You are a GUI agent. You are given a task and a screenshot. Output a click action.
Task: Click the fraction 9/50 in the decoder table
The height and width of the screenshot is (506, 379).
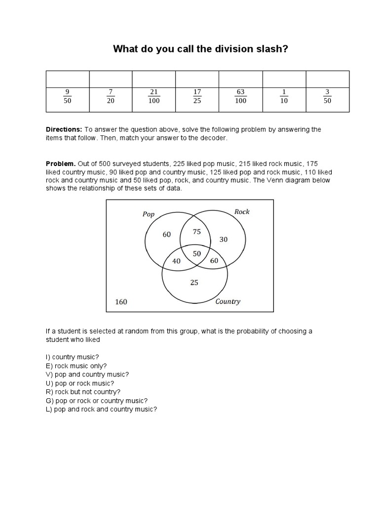pyautogui.click(x=67, y=96)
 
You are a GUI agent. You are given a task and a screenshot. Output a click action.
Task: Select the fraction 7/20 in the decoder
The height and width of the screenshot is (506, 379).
pyautogui.click(x=111, y=96)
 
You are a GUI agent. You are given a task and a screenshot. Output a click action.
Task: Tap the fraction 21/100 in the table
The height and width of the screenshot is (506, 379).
pyautogui.click(x=154, y=96)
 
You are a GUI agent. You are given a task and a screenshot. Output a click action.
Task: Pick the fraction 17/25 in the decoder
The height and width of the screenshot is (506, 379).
pyautogui.click(x=197, y=96)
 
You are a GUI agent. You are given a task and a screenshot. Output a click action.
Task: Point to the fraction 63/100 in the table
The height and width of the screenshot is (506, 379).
pyautogui.click(x=241, y=96)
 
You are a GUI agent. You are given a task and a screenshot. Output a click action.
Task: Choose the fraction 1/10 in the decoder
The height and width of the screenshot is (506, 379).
pyautogui.click(x=284, y=96)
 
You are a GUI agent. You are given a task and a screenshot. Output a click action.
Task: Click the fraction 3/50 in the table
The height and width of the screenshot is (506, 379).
pyautogui.click(x=327, y=96)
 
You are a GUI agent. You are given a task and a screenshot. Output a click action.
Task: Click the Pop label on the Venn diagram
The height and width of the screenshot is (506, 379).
pyautogui.click(x=149, y=214)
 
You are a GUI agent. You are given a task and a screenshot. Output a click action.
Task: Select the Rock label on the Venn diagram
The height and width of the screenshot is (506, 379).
pyautogui.click(x=242, y=211)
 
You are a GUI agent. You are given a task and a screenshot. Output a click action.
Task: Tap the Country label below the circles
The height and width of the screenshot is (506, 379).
pyautogui.click(x=227, y=301)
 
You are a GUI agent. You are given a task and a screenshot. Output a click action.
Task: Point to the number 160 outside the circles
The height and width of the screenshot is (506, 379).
pyautogui.click(x=121, y=301)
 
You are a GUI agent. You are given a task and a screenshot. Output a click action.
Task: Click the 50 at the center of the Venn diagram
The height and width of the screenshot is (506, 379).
pyautogui.click(x=197, y=253)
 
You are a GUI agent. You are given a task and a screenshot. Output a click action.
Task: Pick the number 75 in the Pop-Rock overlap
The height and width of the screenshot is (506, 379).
pyautogui.click(x=197, y=231)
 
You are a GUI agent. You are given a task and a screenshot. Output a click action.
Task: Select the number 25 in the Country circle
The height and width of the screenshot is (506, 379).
pyautogui.click(x=194, y=283)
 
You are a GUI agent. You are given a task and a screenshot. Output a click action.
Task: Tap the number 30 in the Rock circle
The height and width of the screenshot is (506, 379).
pyautogui.click(x=224, y=239)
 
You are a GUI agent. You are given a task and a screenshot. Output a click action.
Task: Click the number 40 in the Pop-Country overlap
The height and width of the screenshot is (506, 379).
pyautogui.click(x=176, y=261)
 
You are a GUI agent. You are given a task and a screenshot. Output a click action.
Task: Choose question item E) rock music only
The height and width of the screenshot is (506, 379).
pyautogui.click(x=76, y=366)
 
